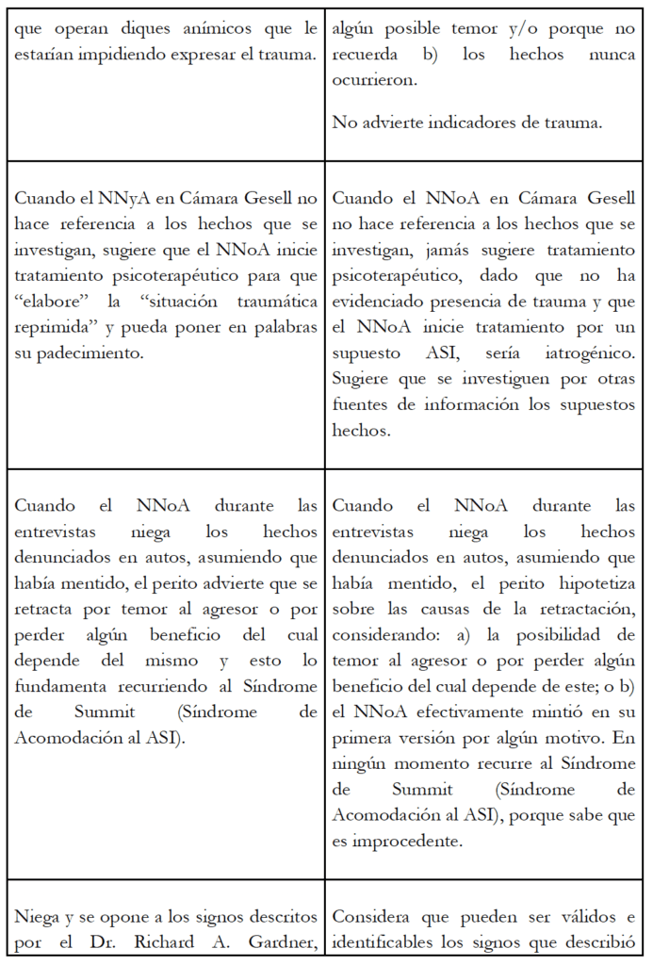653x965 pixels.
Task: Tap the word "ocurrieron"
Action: click(374, 79)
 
